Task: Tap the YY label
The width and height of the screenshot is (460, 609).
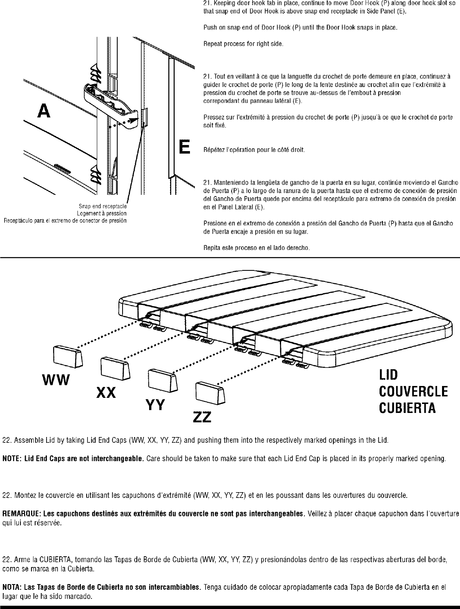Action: pyautogui.click(x=155, y=405)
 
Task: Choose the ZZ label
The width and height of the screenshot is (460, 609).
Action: pyautogui.click(x=202, y=417)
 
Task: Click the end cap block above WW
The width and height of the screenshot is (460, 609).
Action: pyautogui.click(x=68, y=356)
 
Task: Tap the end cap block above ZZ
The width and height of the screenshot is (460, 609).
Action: pyautogui.click(x=210, y=393)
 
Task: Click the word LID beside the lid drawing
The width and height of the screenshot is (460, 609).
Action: pyautogui.click(x=388, y=375)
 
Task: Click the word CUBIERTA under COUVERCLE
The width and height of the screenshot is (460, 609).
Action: pyautogui.click(x=407, y=408)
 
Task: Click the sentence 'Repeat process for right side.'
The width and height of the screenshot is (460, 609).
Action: pyautogui.click(x=243, y=43)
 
